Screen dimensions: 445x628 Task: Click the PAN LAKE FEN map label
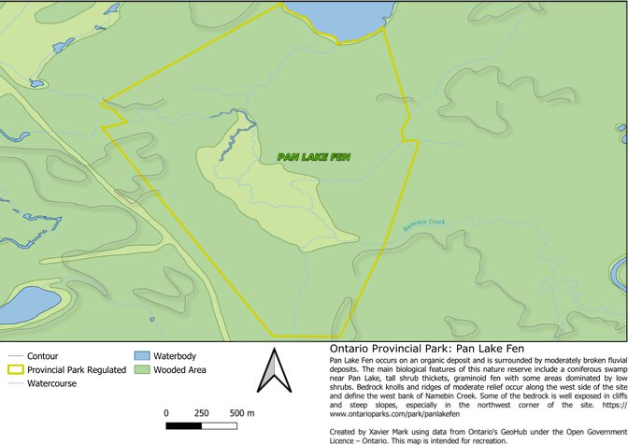(313, 157)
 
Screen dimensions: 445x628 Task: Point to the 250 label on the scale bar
(202, 413)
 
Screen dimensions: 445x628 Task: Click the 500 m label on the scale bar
(242, 413)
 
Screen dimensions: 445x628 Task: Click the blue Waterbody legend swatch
(142, 356)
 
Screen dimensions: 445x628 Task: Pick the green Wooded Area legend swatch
(142, 369)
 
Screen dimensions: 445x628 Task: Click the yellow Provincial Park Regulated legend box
(14, 370)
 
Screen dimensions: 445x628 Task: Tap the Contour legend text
(43, 356)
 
